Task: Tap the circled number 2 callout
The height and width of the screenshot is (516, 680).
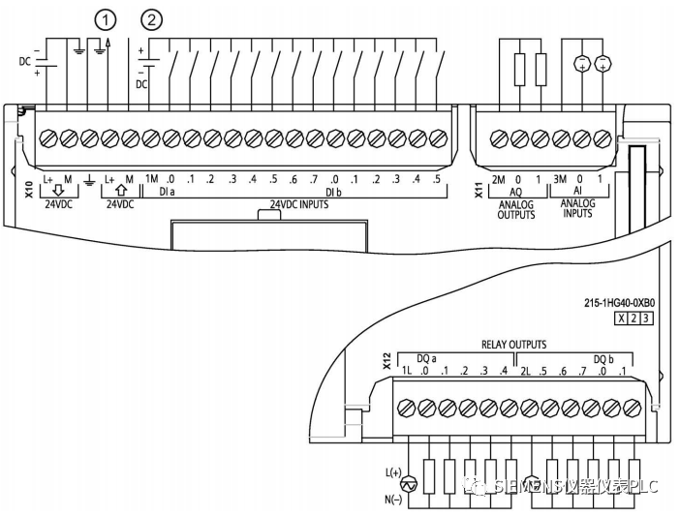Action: (151, 17)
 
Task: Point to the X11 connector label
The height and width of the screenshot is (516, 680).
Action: (478, 188)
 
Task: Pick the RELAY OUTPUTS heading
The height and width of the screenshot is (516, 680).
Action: (513, 344)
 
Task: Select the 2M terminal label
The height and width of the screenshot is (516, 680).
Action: (498, 178)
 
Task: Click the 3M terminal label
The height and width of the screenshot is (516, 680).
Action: (561, 178)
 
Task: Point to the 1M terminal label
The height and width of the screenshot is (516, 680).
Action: (152, 178)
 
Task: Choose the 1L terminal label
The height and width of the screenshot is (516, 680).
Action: (408, 372)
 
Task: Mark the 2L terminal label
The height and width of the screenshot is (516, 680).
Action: (528, 372)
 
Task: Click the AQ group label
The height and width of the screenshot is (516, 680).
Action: (516, 194)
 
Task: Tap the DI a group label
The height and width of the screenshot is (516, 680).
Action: (167, 194)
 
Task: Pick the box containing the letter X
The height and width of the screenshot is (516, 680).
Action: (619, 318)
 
